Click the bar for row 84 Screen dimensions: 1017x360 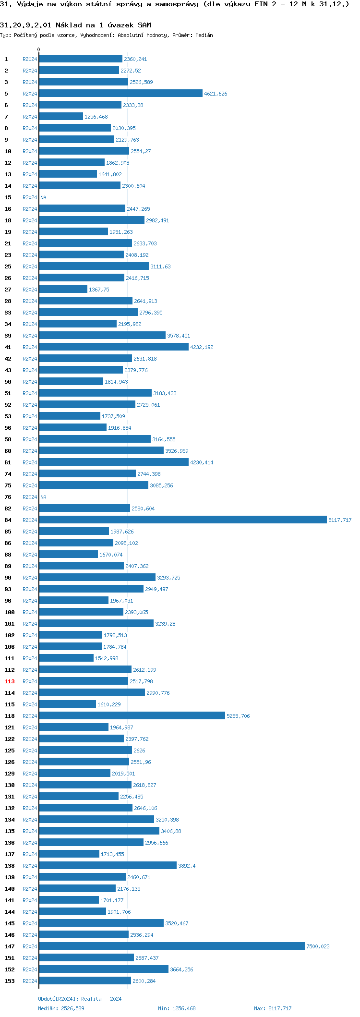tap(182, 520)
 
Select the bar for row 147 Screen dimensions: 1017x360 tap(171, 946)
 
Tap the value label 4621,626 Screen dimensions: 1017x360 tap(216, 94)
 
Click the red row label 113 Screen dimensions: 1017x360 tap(10, 681)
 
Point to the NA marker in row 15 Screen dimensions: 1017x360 tap(43, 197)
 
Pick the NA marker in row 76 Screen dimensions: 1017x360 tap(43, 497)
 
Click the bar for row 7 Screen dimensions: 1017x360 tap(61, 116)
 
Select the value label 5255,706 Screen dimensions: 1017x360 tap(238, 716)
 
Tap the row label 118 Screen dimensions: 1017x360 tap(10, 716)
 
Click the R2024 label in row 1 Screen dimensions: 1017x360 tap(30, 59)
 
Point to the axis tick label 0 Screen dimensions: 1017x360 tap(39, 49)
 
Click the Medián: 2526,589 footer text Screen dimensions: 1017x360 tap(61, 1008)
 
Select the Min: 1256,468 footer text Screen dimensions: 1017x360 tap(177, 1008)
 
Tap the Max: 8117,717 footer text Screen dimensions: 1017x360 tap(273, 1008)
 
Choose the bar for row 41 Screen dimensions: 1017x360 tap(114, 347)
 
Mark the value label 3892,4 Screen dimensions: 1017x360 tap(187, 866)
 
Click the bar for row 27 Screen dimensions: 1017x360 tap(63, 289)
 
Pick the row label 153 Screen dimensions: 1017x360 tap(10, 981)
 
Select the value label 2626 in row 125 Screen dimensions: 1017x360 tap(139, 751)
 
